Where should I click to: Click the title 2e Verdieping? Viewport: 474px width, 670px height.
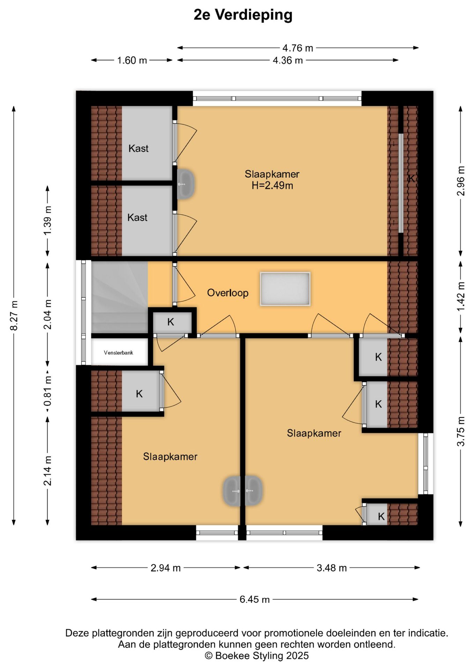[243, 15]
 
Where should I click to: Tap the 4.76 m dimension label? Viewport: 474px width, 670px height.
[298, 48]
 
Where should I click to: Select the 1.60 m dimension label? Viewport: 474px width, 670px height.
[132, 60]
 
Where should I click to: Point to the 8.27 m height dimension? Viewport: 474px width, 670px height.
[14, 315]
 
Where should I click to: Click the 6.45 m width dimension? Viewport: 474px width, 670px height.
[254, 599]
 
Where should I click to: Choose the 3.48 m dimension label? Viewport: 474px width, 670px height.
[332, 568]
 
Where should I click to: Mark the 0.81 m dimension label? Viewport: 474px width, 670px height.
[47, 391]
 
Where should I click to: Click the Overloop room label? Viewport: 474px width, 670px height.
[228, 293]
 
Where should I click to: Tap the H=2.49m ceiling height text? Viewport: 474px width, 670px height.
[272, 186]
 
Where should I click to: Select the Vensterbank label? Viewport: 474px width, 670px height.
[118, 353]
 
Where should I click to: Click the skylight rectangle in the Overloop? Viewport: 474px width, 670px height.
[285, 289]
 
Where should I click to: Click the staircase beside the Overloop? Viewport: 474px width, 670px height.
[119, 297]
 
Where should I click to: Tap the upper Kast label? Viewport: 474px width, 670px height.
[138, 149]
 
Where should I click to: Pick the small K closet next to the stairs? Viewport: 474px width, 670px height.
[171, 322]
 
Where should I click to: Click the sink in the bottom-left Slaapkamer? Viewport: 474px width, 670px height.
[231, 491]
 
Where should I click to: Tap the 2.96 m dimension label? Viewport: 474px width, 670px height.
[461, 181]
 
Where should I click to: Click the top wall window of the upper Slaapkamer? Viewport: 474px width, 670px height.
[277, 98]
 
